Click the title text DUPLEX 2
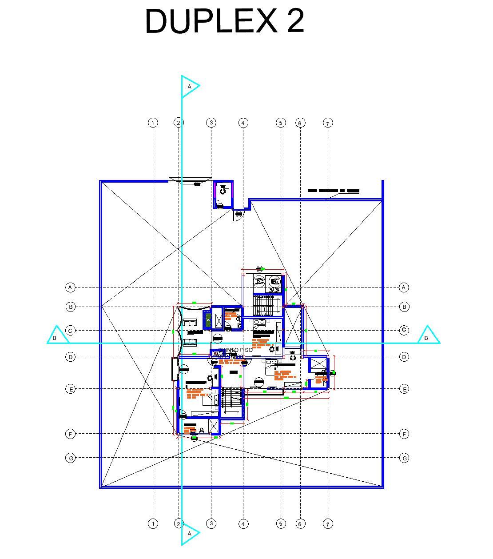(x=225, y=21)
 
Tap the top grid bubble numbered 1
(x=153, y=123)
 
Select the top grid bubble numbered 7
(x=328, y=123)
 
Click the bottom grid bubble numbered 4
(x=243, y=524)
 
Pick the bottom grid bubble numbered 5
(x=281, y=524)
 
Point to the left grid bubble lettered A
(x=70, y=287)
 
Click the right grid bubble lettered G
(x=404, y=458)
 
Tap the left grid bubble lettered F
(x=70, y=434)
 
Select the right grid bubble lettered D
(x=404, y=357)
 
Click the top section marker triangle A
(x=190, y=86)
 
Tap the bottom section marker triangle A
(x=190, y=533)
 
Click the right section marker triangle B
(x=427, y=336)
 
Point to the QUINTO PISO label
(x=235, y=350)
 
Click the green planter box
(x=207, y=320)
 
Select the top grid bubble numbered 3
(x=211, y=123)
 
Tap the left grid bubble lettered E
(x=70, y=389)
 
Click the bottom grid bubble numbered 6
(x=300, y=524)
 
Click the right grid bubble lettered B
(x=404, y=307)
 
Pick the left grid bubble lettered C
(x=70, y=331)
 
